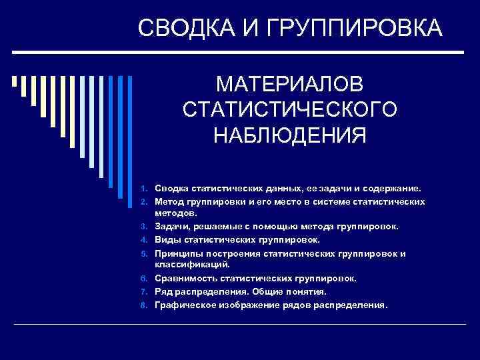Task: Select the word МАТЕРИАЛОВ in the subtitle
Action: pos(290,85)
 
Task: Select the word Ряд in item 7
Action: pos(163,292)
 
